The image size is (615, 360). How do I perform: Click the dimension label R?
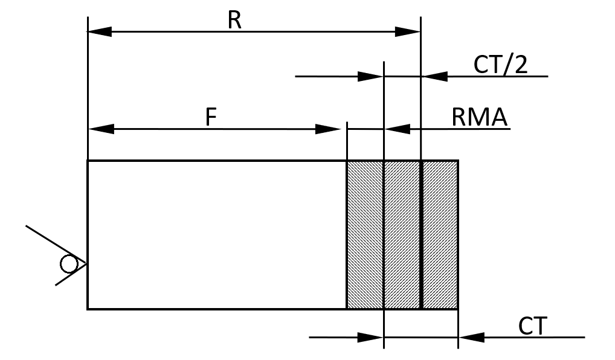point(234,20)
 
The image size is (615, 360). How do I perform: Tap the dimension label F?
point(210,117)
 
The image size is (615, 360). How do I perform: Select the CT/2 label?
point(500,65)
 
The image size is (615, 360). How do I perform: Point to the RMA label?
point(479,117)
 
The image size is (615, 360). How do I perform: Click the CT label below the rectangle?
point(532,327)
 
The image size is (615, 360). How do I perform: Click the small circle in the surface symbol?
point(68,264)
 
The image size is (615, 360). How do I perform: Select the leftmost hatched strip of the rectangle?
point(364,234)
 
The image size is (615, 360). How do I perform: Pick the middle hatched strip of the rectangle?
point(402,234)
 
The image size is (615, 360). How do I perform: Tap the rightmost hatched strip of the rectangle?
point(439,234)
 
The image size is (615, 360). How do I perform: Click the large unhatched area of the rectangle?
point(216,234)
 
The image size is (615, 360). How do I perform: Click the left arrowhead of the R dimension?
point(100,31)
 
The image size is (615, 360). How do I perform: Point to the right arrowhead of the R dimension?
point(408,31)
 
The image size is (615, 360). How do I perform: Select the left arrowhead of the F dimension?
point(100,128)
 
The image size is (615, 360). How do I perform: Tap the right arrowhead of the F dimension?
point(329,128)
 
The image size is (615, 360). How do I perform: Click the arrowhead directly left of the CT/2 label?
point(434,76)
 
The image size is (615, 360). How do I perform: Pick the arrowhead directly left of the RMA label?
point(397,128)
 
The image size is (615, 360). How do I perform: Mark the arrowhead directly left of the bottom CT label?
point(472,337)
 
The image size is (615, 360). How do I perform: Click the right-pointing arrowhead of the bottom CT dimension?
point(371,337)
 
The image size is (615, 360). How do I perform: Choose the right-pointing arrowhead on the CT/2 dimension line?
point(370,76)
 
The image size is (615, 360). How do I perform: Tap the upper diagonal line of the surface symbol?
point(55,244)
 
